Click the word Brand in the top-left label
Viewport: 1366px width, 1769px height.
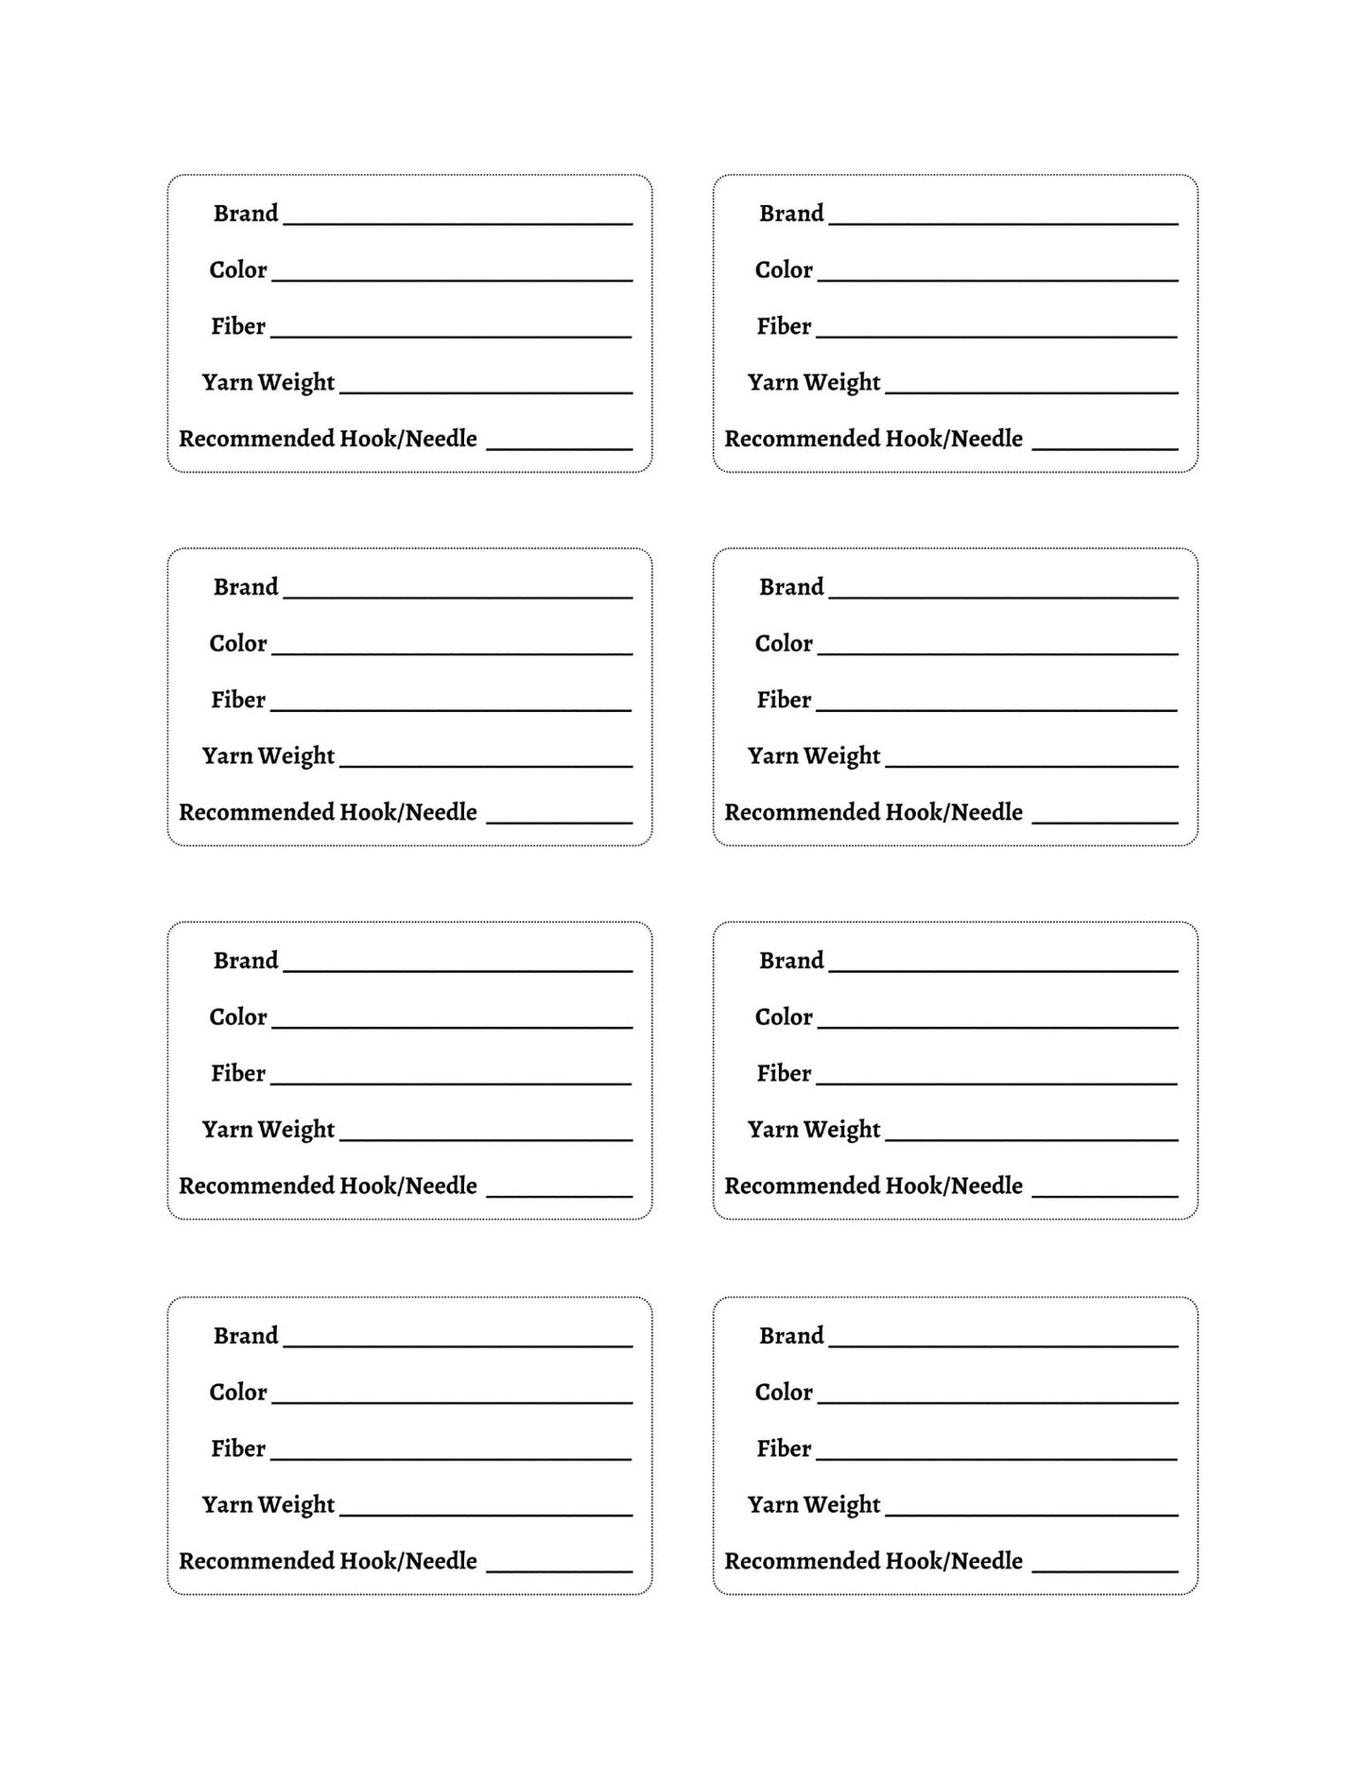tap(246, 214)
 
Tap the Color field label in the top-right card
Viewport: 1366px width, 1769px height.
tap(784, 270)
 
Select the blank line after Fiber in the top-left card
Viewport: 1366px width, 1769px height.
tap(451, 336)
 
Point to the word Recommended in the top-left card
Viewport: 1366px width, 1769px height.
tap(255, 439)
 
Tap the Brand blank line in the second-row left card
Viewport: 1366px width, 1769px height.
tap(458, 598)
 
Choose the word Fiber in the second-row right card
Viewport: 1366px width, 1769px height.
tap(784, 700)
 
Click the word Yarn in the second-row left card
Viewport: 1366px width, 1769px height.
tap(227, 756)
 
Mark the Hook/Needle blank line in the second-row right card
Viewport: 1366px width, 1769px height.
tap(1105, 823)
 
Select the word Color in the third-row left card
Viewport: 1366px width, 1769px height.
tap(238, 1017)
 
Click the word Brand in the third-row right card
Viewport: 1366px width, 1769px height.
tap(791, 961)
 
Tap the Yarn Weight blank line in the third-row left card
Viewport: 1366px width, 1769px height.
tap(486, 1140)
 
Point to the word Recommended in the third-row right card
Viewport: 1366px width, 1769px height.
tap(802, 1186)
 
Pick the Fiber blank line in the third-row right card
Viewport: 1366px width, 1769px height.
tap(996, 1084)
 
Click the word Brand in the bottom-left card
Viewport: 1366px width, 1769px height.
tap(246, 1336)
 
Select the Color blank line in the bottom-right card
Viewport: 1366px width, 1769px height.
tap(997, 1402)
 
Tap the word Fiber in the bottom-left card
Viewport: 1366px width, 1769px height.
tap(238, 1448)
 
